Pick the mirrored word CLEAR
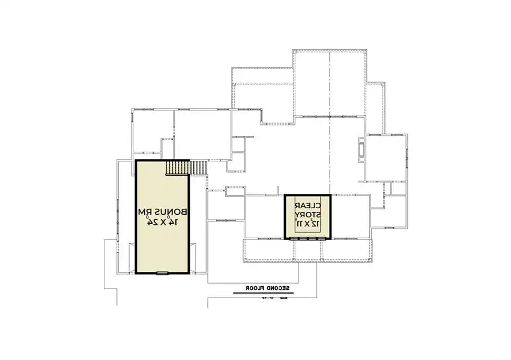pyautogui.click(x=307, y=205)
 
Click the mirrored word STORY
pyautogui.click(x=307, y=214)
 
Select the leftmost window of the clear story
pyautogui.click(x=295, y=239)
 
